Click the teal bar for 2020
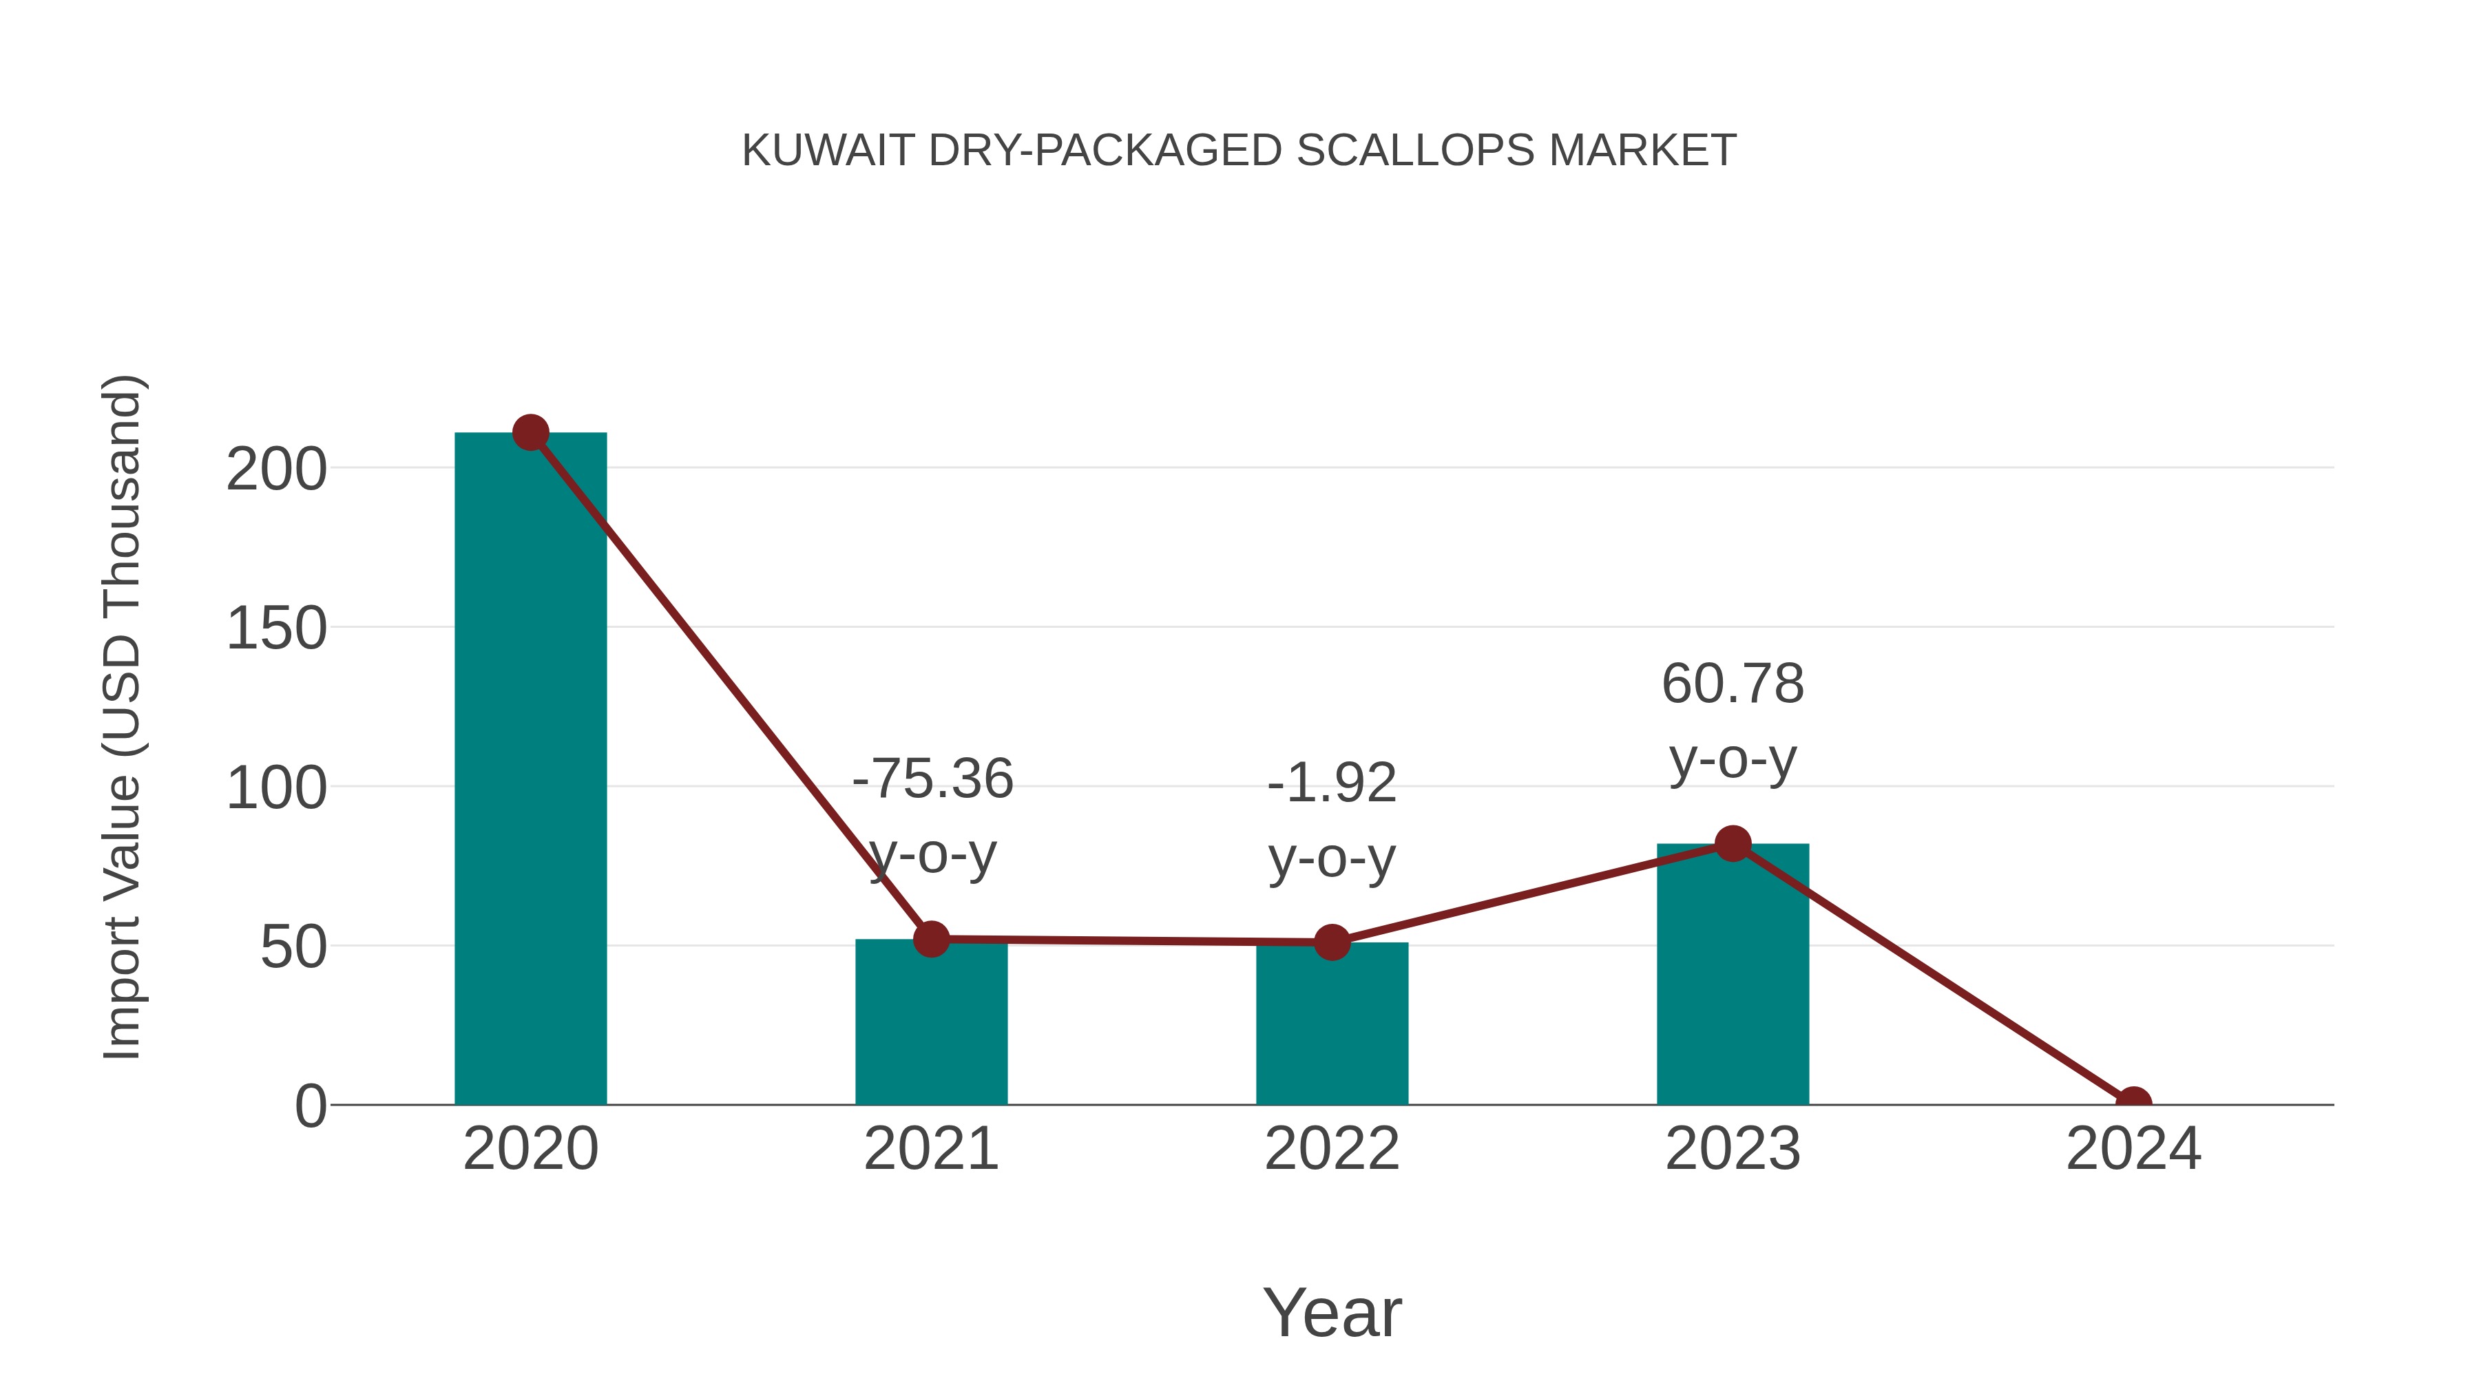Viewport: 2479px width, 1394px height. point(530,770)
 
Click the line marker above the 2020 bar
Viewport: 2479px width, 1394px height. point(530,433)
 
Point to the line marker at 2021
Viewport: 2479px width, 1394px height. point(930,939)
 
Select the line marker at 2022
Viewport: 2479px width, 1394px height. point(1331,943)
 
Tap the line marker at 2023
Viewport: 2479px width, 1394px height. point(1733,844)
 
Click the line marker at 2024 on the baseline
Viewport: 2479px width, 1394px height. point(2133,1103)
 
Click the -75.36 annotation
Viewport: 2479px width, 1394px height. point(932,779)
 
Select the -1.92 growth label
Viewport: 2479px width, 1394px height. point(1332,783)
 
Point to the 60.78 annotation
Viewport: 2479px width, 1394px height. point(1733,684)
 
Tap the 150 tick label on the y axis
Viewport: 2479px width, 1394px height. point(276,629)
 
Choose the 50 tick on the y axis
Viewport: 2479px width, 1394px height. point(293,948)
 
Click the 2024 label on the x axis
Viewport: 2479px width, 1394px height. point(2133,1149)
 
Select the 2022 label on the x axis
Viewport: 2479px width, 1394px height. point(1331,1149)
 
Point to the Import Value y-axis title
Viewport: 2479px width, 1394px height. point(123,717)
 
